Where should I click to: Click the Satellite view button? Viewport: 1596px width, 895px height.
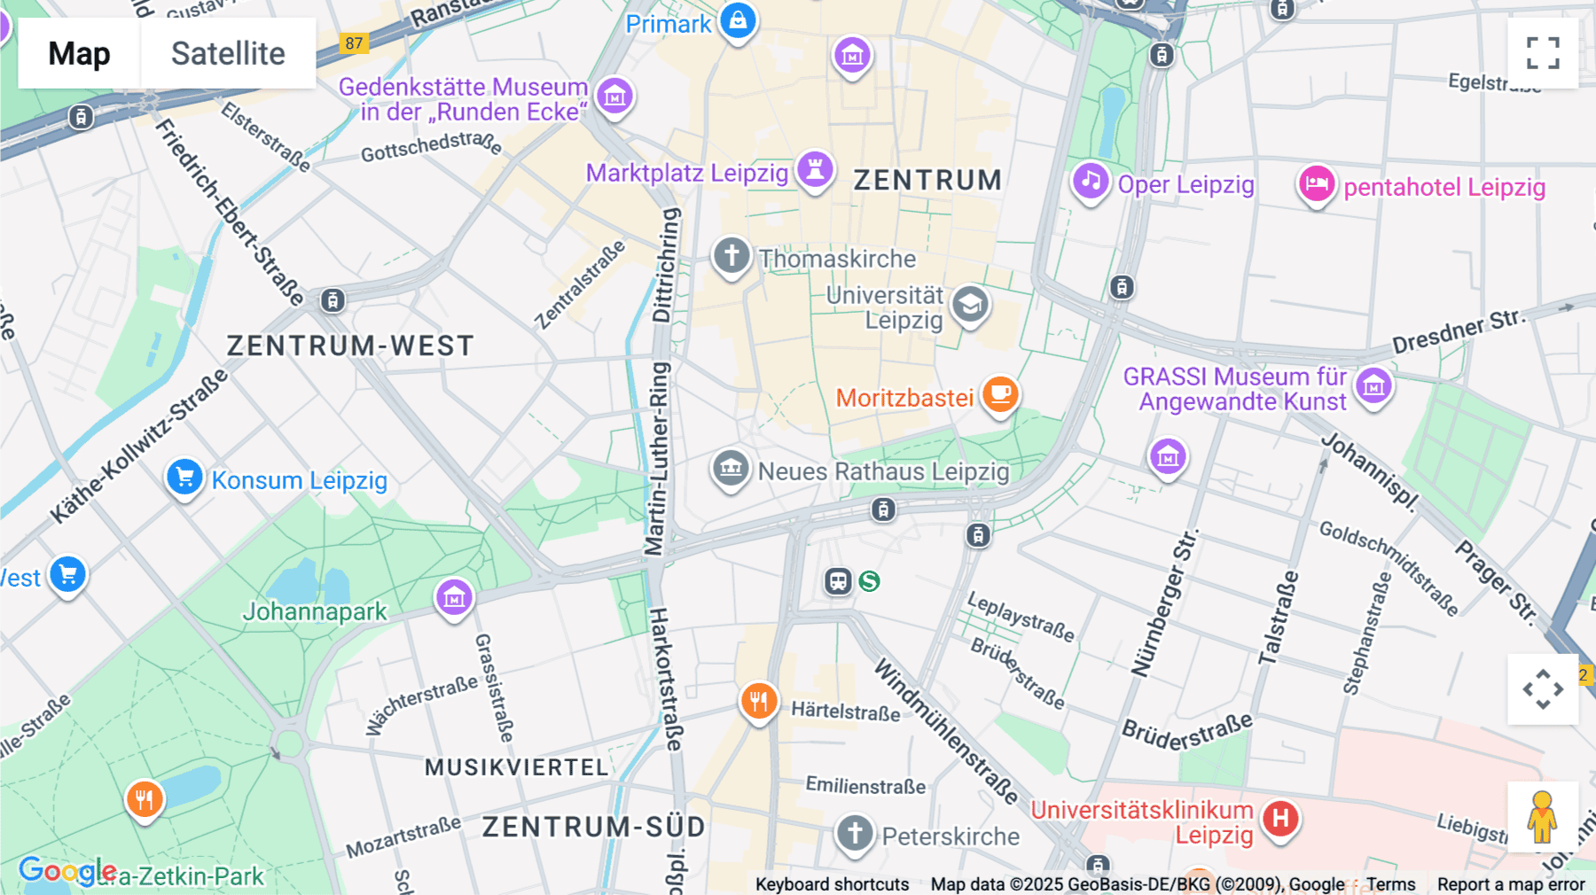228,53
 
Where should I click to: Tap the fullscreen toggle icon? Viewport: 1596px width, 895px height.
1543,53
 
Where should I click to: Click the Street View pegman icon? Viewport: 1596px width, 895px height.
1542,817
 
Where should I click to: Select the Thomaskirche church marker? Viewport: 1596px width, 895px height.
731,256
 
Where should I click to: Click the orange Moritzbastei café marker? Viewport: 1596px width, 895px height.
1000,393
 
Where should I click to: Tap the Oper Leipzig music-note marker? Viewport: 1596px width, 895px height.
1091,182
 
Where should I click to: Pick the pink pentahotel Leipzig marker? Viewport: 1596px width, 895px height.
1317,184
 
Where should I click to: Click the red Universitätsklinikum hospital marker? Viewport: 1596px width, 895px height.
1280,818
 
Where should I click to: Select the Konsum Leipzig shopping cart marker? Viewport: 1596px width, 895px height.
184,478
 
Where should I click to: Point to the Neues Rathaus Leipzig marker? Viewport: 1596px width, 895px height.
731,467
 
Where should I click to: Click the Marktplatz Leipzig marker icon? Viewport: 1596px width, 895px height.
815,168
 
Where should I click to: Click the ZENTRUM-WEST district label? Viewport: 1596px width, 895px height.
350,346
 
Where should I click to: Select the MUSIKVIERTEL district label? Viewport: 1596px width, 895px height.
517,767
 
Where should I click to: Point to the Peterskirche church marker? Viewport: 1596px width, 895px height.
855,833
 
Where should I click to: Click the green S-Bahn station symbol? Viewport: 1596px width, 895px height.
870,581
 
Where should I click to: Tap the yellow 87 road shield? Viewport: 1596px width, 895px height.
354,43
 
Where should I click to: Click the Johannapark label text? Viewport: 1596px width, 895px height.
315,611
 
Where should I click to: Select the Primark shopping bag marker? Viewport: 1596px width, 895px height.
738,19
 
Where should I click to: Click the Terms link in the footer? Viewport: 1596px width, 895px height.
1390,884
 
